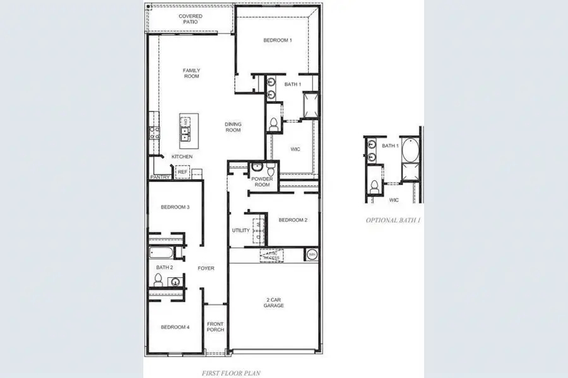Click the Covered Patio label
tap(191, 18)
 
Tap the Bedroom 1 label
tap(278, 40)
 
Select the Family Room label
tap(191, 73)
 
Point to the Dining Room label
tap(233, 127)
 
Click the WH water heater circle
tap(312, 255)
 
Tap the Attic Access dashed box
tap(272, 255)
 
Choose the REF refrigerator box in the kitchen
tap(182, 171)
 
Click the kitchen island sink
tap(186, 132)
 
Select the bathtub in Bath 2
tap(161, 254)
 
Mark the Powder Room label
tap(261, 181)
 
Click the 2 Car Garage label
tap(274, 302)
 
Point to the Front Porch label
tap(215, 326)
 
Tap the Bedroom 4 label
tap(175, 327)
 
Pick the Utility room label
tap(241, 231)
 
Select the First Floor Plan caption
tap(232, 373)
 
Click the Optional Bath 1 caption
tap(393, 220)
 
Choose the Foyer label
tap(206, 268)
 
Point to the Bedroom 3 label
tap(175, 207)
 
